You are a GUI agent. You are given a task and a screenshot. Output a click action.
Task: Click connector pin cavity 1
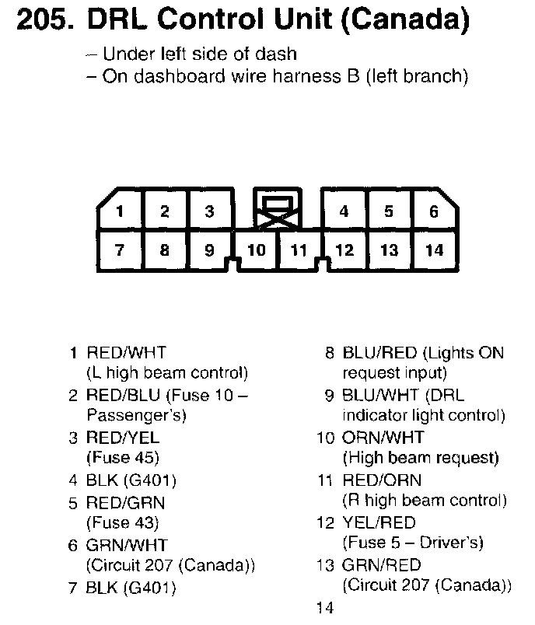120,211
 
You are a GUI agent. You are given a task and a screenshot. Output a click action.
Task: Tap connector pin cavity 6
434,211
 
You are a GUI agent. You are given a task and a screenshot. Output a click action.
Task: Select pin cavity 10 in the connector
257,250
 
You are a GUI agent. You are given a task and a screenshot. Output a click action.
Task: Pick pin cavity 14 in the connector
434,250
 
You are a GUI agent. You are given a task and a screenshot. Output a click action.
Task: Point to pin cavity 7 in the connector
120,250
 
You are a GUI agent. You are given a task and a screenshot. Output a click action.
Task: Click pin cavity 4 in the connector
344,211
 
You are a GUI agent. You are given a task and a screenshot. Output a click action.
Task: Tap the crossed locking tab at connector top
277,211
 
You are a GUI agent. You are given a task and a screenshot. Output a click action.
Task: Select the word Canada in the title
405,21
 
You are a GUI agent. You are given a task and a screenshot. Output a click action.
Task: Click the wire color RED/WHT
126,353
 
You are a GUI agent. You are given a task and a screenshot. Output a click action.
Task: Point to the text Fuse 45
124,458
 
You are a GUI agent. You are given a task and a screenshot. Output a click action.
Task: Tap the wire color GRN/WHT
126,545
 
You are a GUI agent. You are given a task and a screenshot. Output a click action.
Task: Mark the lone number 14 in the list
325,608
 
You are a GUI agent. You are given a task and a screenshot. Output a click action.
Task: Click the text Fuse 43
124,522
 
